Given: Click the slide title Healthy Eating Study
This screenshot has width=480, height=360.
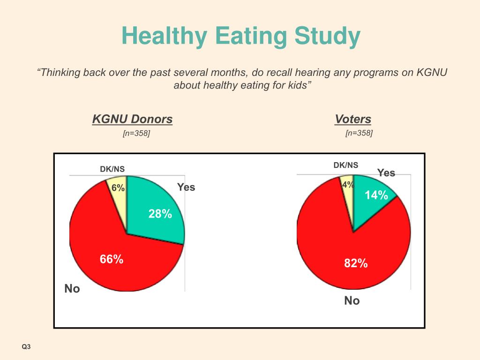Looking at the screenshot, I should [x=241, y=37].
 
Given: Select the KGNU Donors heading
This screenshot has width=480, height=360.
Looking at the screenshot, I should [x=132, y=119].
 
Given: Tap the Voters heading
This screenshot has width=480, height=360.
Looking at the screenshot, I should [x=352, y=119].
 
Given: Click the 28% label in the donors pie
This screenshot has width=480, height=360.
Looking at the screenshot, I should [x=160, y=214].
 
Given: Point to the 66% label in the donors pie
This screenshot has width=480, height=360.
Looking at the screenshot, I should [x=111, y=259].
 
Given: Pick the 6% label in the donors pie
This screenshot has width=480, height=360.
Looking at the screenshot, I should [x=118, y=188].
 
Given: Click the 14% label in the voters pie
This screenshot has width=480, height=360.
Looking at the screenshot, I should [x=376, y=195].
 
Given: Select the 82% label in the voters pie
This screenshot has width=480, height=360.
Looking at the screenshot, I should [x=356, y=263].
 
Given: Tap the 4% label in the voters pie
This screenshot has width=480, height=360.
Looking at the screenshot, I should [x=348, y=185].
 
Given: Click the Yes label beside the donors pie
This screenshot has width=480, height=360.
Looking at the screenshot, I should [x=186, y=187].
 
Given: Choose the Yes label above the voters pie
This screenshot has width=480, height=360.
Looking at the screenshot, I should [x=386, y=172].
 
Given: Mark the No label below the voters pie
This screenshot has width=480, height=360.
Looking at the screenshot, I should [x=352, y=301].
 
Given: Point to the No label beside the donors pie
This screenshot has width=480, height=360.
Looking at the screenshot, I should [x=72, y=289].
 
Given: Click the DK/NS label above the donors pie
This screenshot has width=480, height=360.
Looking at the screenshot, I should [x=112, y=169].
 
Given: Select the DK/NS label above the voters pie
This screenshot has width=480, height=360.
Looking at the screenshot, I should [x=346, y=165].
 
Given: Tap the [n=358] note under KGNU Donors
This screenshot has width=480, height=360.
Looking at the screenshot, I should [x=136, y=134].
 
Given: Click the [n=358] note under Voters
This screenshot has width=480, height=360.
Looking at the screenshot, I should [x=359, y=133].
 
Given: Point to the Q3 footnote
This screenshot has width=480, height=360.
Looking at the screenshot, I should [x=26, y=347].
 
